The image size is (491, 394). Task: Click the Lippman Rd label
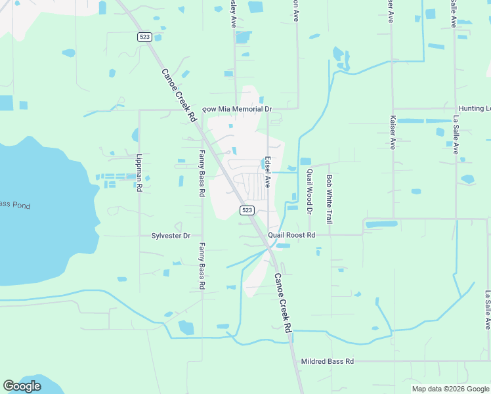coord(139,173)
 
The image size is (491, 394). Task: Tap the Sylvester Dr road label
coord(171,235)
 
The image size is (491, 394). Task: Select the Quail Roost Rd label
coord(291,235)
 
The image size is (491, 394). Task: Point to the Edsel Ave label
coord(268,171)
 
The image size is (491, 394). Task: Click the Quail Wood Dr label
coord(309,191)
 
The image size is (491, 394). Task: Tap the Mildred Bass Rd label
coord(327,361)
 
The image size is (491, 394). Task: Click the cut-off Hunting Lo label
coord(474,108)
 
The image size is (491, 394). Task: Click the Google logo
coord(22,386)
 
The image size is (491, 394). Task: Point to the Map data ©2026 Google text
coord(450,389)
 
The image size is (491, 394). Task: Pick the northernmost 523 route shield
coord(145,37)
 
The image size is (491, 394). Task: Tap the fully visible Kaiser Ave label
coord(393,133)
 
